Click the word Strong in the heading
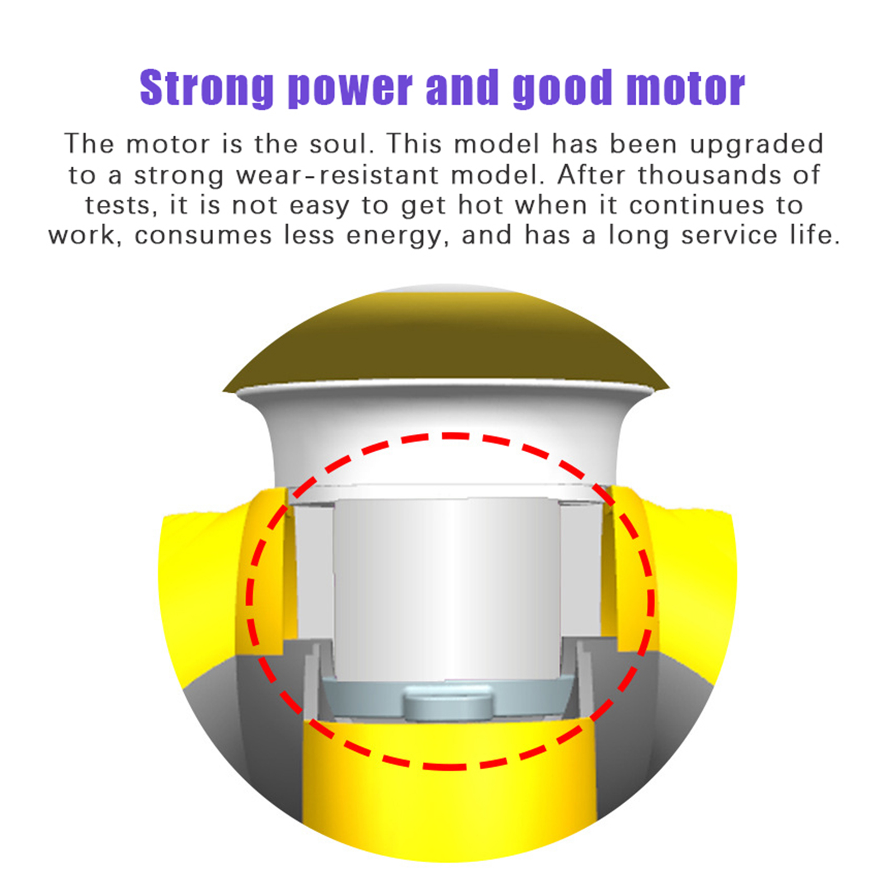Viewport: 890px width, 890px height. tap(206, 87)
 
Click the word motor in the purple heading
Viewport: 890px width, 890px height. tap(685, 88)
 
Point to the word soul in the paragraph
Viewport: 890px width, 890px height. tap(339, 144)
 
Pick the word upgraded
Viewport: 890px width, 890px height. tap(756, 145)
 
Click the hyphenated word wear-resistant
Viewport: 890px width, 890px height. tap(337, 175)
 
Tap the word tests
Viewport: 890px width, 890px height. tap(117, 205)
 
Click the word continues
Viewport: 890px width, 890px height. tap(696, 205)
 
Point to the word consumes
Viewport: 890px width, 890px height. tap(203, 235)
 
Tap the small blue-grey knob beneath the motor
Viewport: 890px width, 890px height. tap(448, 703)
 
